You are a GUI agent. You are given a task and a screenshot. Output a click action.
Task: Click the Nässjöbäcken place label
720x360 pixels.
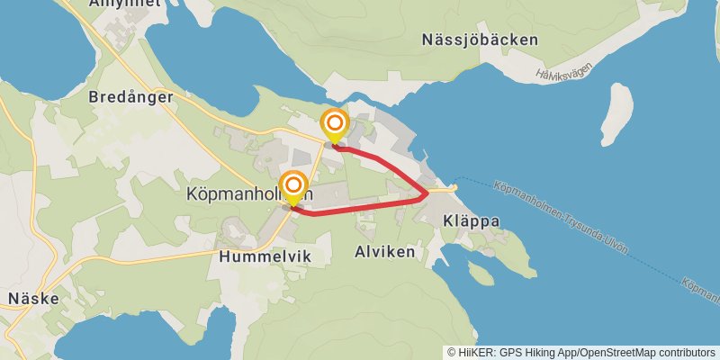click(x=480, y=40)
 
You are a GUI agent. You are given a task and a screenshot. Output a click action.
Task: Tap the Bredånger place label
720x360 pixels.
click(x=130, y=97)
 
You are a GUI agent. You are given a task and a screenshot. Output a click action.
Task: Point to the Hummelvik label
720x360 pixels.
click(x=265, y=256)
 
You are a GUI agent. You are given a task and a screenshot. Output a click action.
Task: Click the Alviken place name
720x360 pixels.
click(x=385, y=252)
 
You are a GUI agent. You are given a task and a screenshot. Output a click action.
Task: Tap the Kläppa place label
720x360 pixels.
click(x=471, y=220)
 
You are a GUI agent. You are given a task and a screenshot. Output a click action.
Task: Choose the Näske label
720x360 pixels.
click(x=33, y=298)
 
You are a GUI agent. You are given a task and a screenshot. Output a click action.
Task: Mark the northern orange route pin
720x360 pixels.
click(x=335, y=122)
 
